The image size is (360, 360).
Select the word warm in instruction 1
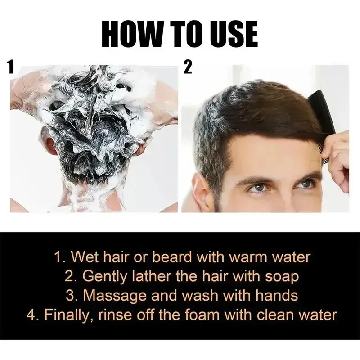(248, 257)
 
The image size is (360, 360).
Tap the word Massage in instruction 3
(115, 296)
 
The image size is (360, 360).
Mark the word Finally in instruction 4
(69, 315)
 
